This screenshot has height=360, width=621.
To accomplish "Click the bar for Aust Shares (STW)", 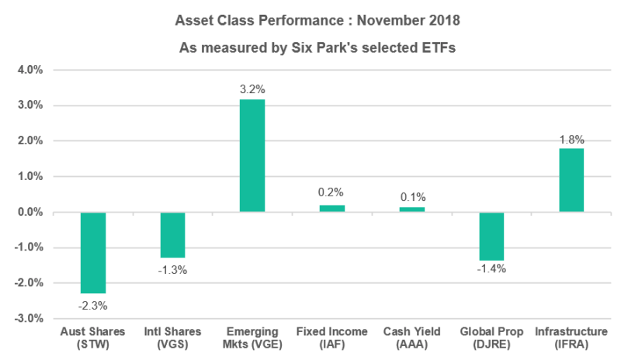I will [93, 252].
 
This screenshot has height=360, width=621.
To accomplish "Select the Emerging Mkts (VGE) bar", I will [252, 155].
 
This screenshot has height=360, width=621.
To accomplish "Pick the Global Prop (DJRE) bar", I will [491, 236].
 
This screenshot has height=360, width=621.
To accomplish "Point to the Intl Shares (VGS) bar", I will [172, 234].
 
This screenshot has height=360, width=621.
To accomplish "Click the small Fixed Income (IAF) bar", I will [331, 208].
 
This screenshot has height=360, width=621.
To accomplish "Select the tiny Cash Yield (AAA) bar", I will [411, 209].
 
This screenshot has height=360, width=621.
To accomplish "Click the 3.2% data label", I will [252, 89].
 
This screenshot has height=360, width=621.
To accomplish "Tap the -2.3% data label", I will [93, 304].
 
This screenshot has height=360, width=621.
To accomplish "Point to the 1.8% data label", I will [571, 139].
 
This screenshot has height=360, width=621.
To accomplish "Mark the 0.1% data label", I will [411, 197].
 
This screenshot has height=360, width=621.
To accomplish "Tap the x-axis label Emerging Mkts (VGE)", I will [252, 338].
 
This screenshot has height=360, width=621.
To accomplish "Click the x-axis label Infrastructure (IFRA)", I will [571, 338].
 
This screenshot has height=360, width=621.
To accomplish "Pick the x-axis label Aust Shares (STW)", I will [93, 338].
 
